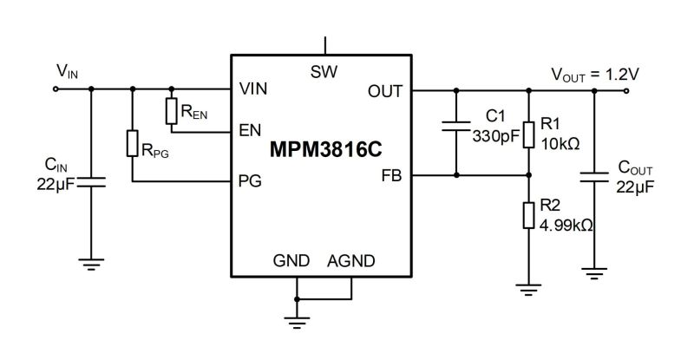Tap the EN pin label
[x=249, y=132]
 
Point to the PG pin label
[x=250, y=181]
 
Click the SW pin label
[x=324, y=71]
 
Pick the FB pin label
[x=390, y=175]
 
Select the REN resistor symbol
[x=172, y=110]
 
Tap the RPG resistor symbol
[x=133, y=144]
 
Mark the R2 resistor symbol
[x=527, y=215]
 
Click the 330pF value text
[x=495, y=136]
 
